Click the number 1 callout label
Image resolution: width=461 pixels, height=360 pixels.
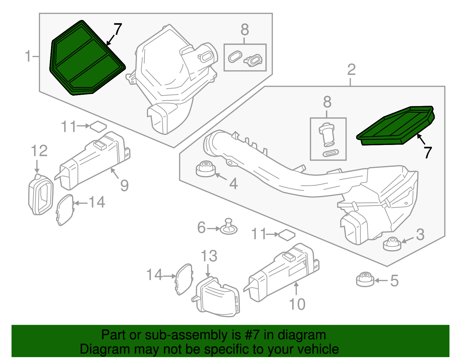28,56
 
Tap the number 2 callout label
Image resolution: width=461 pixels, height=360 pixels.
351,70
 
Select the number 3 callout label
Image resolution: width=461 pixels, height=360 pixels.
420,235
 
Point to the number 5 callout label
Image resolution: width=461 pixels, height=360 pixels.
394,281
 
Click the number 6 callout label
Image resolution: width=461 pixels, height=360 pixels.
201,228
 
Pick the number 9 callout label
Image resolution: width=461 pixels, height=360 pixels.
124,186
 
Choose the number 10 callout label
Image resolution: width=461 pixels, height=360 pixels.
297,304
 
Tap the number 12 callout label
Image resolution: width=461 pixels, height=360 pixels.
39,151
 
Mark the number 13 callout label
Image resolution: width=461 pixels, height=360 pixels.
209,256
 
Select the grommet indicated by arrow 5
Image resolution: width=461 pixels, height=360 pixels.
365,279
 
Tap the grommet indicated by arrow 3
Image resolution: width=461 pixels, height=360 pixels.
392,244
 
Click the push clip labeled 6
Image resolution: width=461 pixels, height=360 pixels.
229,227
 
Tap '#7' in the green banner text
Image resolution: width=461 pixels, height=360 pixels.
253,335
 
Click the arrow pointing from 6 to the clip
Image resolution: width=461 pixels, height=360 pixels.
214,229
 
